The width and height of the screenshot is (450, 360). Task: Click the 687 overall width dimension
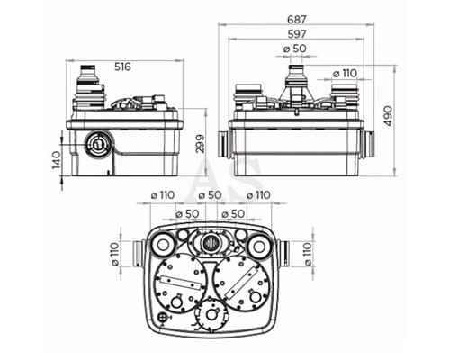(297, 20)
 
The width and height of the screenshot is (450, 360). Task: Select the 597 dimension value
(297, 34)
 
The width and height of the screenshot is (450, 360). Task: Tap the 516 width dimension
(122, 67)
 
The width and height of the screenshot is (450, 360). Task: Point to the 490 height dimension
(388, 116)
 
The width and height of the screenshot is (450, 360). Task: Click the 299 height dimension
(201, 144)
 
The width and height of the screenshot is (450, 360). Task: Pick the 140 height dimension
(57, 160)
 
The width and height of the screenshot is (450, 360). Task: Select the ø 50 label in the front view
(295, 49)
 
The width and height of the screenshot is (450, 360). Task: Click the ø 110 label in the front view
(345, 73)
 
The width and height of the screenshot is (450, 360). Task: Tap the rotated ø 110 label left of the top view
(115, 254)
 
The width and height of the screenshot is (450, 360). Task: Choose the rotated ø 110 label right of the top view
(308, 254)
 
